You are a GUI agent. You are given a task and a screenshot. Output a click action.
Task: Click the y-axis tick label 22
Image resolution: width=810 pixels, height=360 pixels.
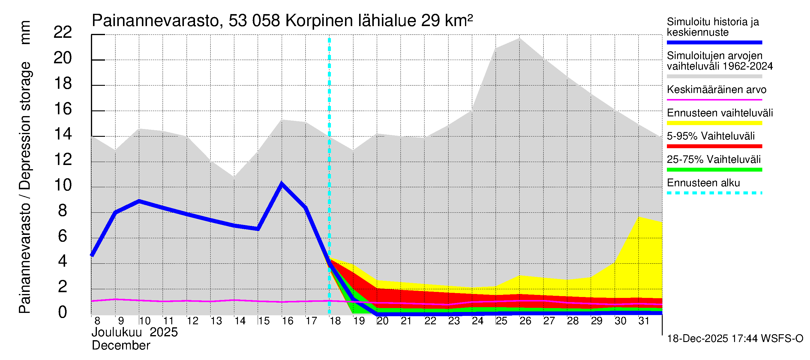tap(63, 32)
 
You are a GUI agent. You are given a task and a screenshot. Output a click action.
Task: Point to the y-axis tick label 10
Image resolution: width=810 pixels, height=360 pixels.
tap(63, 185)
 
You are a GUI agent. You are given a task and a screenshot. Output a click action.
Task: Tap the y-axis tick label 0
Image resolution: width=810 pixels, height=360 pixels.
tap(63, 312)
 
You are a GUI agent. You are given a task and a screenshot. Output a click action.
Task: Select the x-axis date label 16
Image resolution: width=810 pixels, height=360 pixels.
tap(287, 321)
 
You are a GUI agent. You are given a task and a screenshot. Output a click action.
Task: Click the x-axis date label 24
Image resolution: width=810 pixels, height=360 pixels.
tap(477, 321)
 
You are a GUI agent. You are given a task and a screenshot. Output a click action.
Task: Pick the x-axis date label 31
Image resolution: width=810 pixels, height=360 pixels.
tap(644, 321)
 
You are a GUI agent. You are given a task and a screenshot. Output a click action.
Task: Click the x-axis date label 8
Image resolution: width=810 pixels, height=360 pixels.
tap(97, 321)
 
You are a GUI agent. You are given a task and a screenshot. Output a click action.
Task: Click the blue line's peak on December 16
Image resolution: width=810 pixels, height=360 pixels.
tap(282, 184)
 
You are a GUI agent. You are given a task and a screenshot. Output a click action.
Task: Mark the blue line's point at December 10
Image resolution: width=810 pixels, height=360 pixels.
tap(139, 201)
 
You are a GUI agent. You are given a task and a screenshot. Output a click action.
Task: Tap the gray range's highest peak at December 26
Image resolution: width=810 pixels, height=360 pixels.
tap(519, 38)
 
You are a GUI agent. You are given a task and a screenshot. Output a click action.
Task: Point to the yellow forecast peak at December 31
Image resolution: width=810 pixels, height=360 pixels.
tap(639, 217)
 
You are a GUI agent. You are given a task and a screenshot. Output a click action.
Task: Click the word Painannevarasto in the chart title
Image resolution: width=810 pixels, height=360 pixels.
tap(155, 21)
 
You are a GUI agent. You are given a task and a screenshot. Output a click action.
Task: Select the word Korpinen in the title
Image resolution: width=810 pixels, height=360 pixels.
tap(319, 21)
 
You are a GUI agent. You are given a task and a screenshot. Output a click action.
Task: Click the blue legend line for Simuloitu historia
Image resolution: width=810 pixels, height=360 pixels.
tap(714, 42)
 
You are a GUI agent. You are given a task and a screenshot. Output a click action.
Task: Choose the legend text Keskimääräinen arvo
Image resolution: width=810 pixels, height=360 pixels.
tap(716, 90)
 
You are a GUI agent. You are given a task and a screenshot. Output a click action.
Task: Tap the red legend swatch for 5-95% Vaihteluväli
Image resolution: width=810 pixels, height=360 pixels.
tap(714, 146)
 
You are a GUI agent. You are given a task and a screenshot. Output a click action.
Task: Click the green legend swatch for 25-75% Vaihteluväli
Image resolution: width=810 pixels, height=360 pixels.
tap(714, 170)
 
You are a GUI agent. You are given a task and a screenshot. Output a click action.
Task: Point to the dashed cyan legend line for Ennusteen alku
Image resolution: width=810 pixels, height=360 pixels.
tap(714, 193)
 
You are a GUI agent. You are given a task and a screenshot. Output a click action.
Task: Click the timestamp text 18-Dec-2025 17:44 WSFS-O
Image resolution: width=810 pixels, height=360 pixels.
tap(735, 339)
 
